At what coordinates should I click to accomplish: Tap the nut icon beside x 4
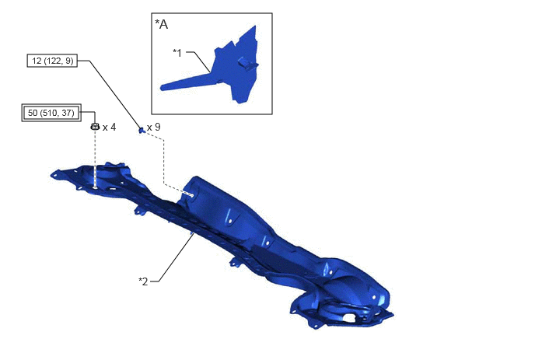95,127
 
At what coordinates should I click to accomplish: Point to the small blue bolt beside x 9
142,130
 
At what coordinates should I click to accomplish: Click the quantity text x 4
109,128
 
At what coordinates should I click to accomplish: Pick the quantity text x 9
153,128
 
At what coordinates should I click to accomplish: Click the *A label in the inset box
162,24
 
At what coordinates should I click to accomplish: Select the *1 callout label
177,53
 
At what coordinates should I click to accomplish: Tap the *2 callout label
143,281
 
